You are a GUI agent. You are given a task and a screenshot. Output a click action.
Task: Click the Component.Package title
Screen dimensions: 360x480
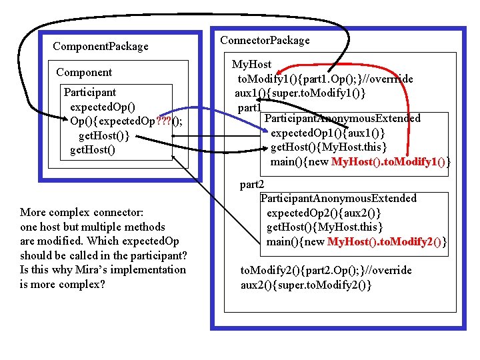pos(100,46)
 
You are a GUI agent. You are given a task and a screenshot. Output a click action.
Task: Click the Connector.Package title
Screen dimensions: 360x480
pos(265,40)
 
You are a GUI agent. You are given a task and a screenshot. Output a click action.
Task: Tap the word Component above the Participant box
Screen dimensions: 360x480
pos(84,72)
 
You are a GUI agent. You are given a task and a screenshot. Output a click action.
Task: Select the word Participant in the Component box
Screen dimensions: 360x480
pos(89,92)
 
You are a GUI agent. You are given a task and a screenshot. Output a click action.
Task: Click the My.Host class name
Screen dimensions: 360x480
pos(251,65)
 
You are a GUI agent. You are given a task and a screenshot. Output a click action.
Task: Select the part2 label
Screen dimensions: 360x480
pos(252,185)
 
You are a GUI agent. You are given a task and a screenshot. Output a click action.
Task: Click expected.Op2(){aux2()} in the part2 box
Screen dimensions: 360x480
pos(324,213)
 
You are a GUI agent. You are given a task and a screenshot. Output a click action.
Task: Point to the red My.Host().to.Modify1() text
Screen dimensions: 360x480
pos(391,161)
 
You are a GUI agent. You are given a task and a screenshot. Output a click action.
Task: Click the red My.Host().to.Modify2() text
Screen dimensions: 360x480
pos(387,241)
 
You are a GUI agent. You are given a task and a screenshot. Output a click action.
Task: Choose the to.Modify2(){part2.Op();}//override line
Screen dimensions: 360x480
pos(326,270)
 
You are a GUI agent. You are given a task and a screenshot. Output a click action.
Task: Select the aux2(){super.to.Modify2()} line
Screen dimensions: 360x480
pos(306,285)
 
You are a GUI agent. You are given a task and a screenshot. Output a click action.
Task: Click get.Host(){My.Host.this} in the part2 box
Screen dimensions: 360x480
pos(325,227)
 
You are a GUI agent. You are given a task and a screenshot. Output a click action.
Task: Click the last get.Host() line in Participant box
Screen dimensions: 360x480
pos(92,150)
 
